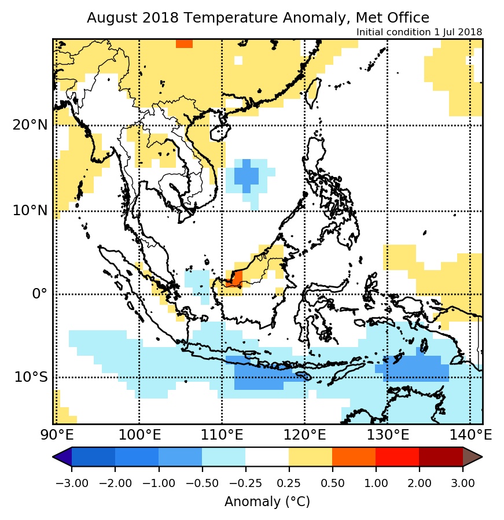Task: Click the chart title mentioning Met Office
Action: (x=258, y=18)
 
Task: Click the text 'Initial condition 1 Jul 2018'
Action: (x=419, y=32)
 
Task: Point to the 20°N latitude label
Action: (x=29, y=125)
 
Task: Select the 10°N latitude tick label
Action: (x=29, y=210)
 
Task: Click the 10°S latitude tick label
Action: (x=31, y=377)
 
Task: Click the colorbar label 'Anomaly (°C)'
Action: (x=267, y=501)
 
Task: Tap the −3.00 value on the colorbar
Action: (x=71, y=483)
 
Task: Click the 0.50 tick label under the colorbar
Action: (x=332, y=483)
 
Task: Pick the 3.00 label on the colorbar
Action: (x=462, y=483)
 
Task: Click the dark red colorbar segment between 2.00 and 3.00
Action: (x=440, y=457)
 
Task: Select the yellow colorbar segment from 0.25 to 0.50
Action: (x=310, y=457)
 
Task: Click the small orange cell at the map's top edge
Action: (x=184, y=44)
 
